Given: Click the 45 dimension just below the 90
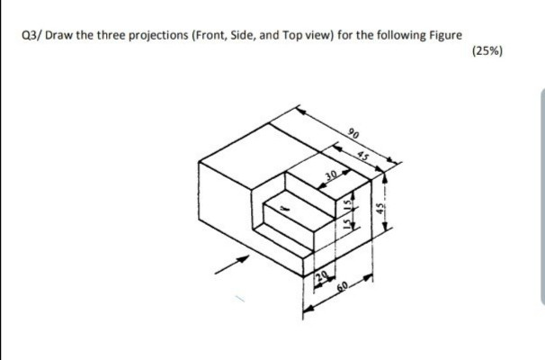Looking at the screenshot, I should point(363,154).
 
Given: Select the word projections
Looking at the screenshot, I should point(148,35).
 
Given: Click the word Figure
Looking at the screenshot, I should point(443,35).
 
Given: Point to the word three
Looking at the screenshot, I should point(99,35).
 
